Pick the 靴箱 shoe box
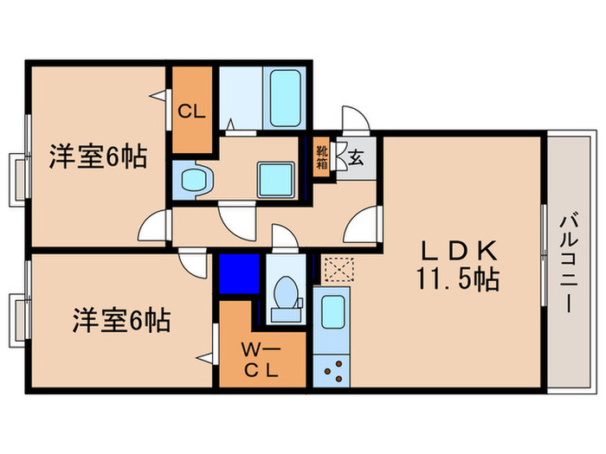tap(322, 159)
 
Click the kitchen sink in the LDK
tap(332, 312)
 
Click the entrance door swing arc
tap(356, 118)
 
